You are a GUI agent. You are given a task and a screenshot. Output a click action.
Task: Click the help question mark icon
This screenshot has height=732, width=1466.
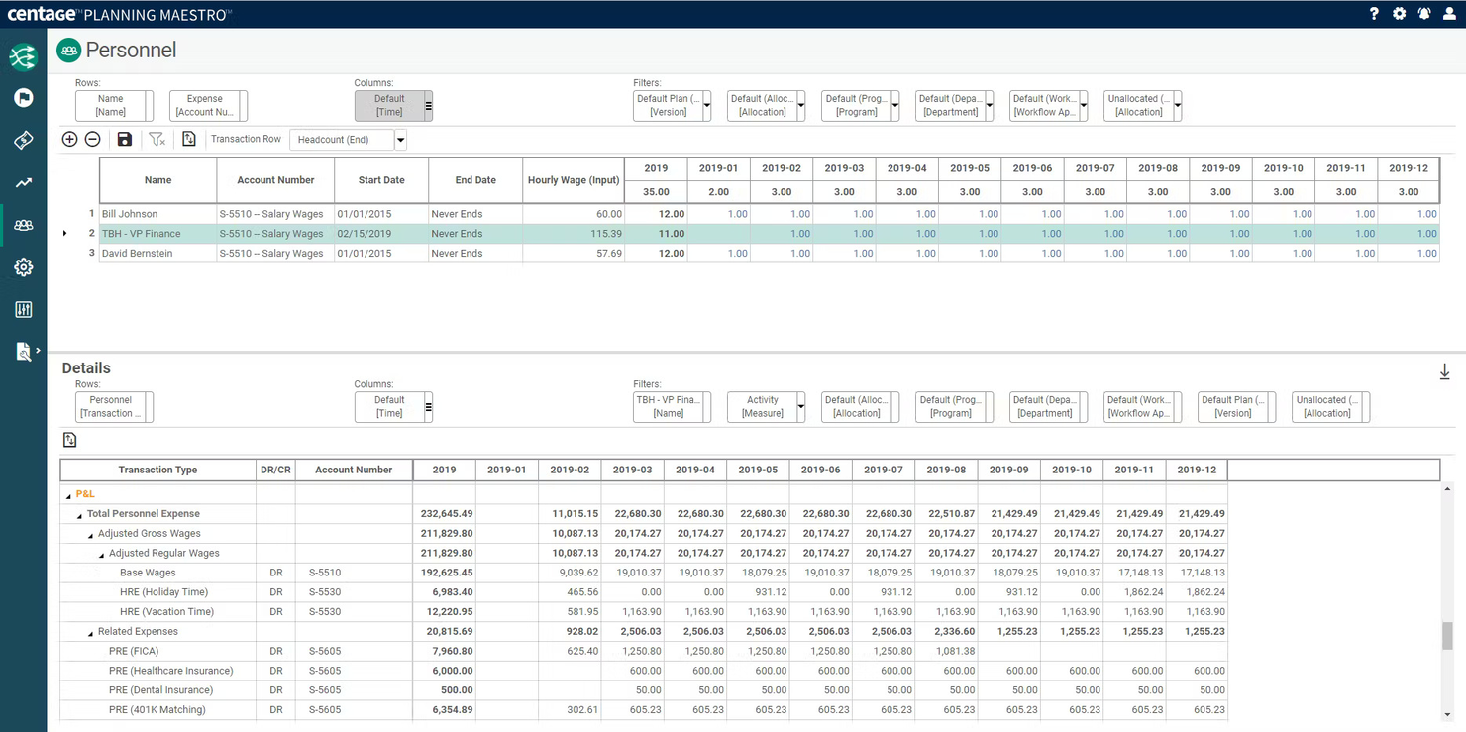coord(1374,14)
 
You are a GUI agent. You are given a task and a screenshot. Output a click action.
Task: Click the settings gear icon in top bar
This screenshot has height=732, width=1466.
coord(1399,14)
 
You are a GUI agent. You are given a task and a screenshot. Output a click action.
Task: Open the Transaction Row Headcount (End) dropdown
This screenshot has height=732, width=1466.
coord(400,140)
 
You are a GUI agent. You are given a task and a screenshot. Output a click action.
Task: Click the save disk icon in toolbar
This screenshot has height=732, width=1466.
coord(124,140)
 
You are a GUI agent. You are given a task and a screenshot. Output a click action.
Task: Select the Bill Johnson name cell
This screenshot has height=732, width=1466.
coord(130,214)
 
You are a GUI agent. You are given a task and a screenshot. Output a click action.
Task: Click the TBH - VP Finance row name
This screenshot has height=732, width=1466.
coord(142,234)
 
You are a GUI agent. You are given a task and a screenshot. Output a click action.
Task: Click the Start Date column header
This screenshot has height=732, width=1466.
coord(381,180)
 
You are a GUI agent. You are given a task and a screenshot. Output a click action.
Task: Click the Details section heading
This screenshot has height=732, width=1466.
coord(86,368)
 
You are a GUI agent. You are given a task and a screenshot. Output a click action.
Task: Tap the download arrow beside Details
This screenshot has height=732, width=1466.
coord(1444,372)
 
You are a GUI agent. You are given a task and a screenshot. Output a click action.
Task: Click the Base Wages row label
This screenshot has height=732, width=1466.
coord(148,573)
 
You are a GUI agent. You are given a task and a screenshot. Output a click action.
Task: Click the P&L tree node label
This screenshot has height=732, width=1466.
coord(85,494)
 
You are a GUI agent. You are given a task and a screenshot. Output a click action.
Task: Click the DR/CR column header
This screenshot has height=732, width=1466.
coord(275,470)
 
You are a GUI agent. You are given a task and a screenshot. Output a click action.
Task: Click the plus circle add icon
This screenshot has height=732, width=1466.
coord(69,140)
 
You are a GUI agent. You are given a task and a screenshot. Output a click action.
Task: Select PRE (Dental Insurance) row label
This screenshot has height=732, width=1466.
coord(160,690)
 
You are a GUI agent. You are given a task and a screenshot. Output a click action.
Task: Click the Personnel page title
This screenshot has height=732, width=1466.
coord(131,51)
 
